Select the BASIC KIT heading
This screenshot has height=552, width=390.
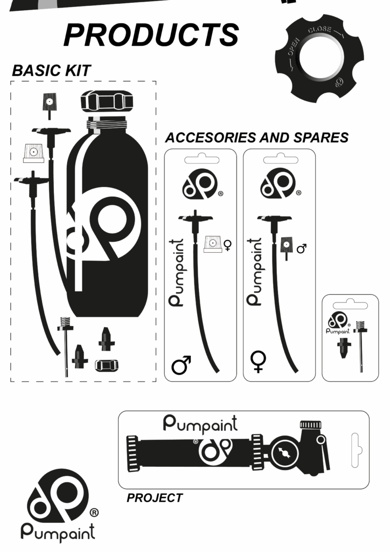(52, 71)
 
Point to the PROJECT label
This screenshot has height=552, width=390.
(155, 498)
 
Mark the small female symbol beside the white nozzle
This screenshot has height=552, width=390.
(227, 245)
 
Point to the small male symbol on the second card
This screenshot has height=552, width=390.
(302, 248)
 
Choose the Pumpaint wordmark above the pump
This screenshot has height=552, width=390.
(200, 424)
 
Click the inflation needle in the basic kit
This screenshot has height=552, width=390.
(66, 345)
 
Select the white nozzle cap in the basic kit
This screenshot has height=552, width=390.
(33, 153)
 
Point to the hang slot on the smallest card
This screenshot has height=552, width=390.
(350, 305)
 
